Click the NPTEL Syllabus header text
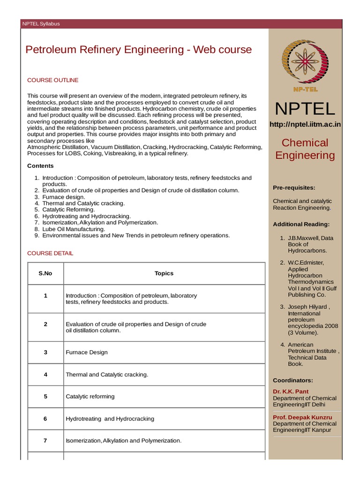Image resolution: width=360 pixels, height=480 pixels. click(41, 24)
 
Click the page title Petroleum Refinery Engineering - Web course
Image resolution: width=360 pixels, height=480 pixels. click(138, 50)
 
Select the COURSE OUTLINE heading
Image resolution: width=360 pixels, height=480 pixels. click(52, 80)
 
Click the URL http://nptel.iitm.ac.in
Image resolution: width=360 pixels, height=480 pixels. click(305, 124)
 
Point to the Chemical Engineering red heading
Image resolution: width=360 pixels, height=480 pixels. click(305, 149)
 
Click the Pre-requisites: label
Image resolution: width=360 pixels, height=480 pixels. click(294, 187)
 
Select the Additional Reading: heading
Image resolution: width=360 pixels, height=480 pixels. click(301, 224)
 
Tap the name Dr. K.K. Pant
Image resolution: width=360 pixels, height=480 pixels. click(291, 391)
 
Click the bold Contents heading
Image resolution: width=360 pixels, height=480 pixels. click(40, 165)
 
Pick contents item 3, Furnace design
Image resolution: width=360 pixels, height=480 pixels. click(63, 197)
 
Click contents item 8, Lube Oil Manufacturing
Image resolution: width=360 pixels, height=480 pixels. click(73, 229)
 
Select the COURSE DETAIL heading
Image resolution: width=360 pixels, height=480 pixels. click(50, 253)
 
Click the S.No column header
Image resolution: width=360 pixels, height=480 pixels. click(45, 273)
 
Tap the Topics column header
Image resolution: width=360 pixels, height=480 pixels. click(164, 273)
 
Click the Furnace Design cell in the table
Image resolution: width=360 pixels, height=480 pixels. click(87, 352)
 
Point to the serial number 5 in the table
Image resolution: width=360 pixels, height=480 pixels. click(45, 396)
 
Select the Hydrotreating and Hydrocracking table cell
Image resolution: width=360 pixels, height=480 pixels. click(110, 419)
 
